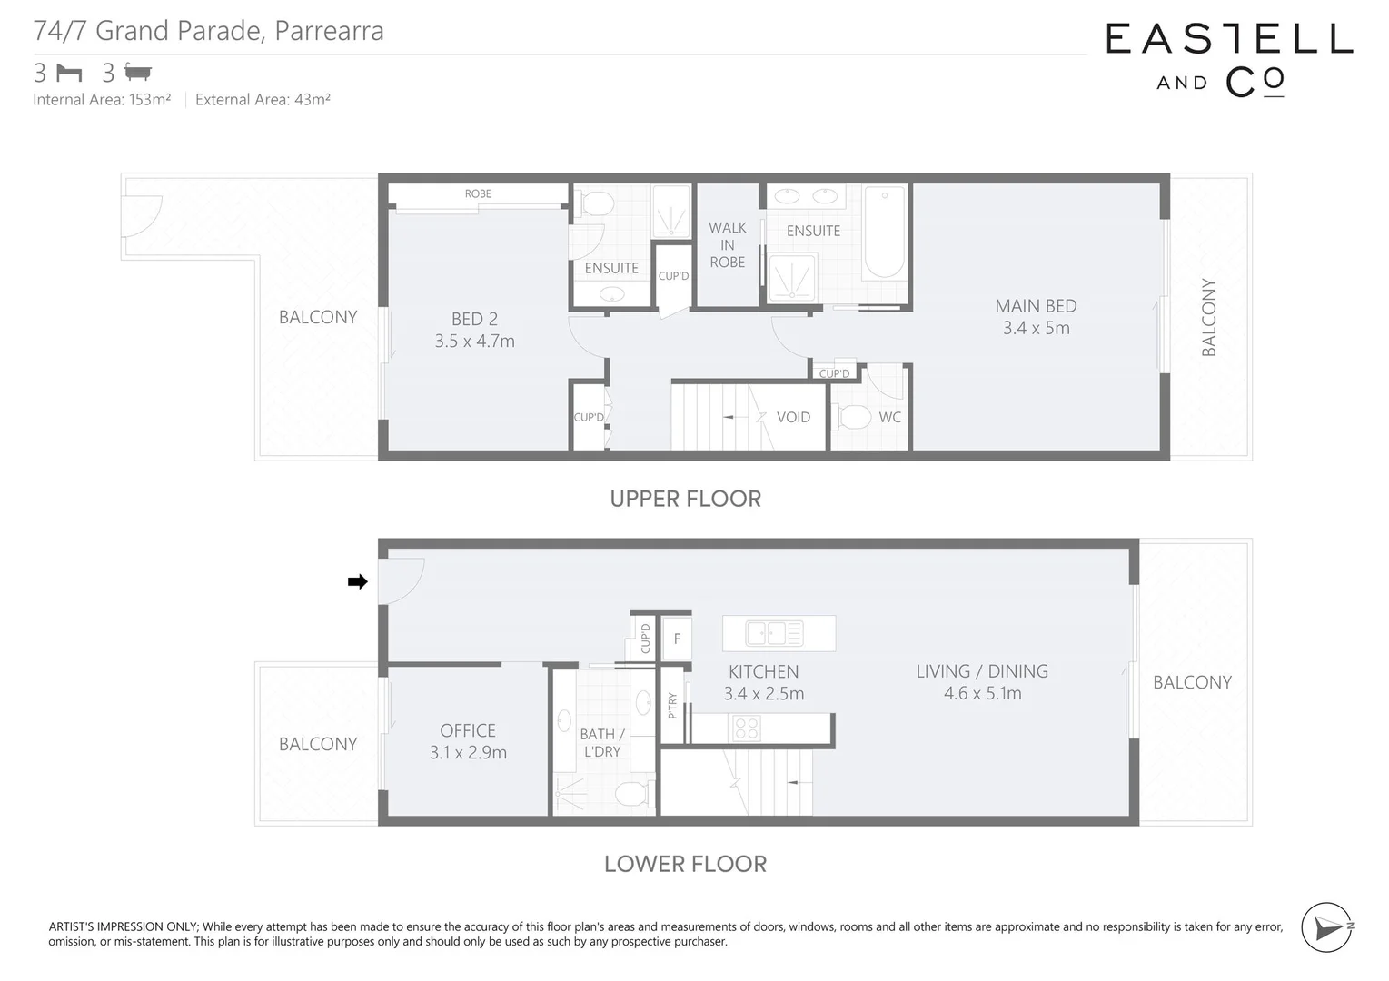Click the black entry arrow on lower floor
pos(358,582)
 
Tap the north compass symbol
pos(1327,927)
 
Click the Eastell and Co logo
pos(1228,60)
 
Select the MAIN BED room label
pos(1036,306)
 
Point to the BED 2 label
pos(474,319)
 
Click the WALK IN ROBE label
pos(727,244)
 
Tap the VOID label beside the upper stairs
pos(792,417)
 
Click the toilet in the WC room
pos(854,418)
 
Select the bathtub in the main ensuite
pos(884,232)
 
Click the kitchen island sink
pos(774,632)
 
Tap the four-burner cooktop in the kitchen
pos(746,728)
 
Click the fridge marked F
pos(677,639)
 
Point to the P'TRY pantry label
pos(672,706)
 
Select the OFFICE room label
pos(468,730)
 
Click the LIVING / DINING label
pos(981,671)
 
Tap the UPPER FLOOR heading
pos(685,499)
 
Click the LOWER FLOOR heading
pos(685,864)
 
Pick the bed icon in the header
pos(69,73)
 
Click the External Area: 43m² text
pos(263,100)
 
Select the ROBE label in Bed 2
pos(478,193)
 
